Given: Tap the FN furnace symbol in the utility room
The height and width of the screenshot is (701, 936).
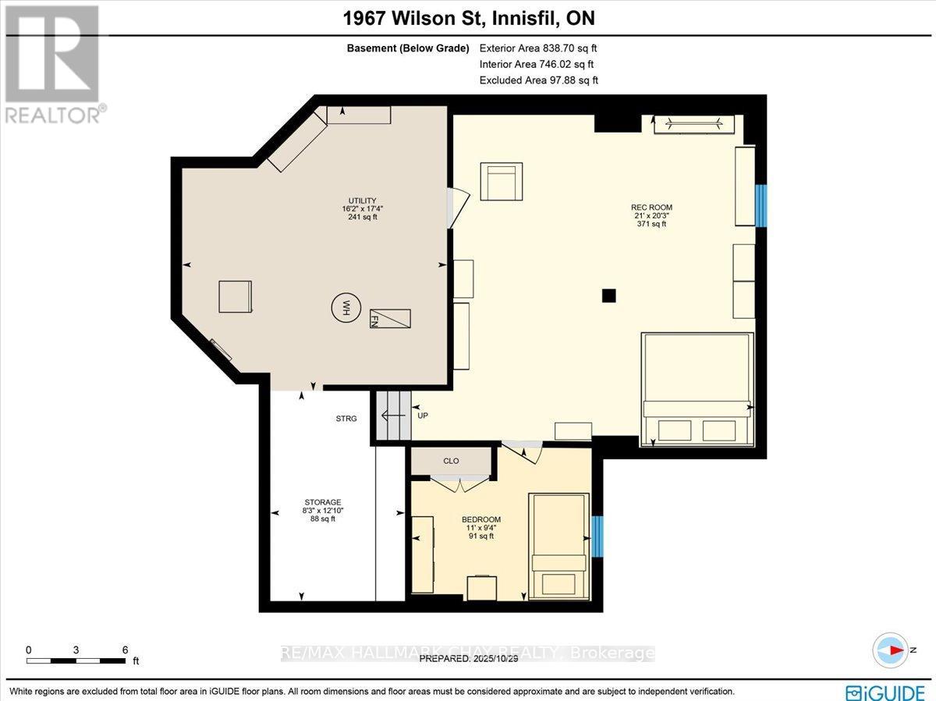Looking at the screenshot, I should pyautogui.click(x=390, y=318).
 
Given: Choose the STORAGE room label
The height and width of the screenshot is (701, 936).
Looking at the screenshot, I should pyautogui.click(x=323, y=510).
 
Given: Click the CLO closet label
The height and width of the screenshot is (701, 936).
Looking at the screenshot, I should pyautogui.click(x=451, y=461).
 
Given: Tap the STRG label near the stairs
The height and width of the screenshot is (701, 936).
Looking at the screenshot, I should pyautogui.click(x=346, y=419).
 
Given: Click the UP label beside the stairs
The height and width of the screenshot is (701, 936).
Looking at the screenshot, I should pyautogui.click(x=424, y=416).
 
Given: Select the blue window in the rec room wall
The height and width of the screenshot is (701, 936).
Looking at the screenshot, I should pyautogui.click(x=761, y=206).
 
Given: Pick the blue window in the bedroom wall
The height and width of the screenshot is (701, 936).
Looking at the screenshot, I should pyautogui.click(x=597, y=536).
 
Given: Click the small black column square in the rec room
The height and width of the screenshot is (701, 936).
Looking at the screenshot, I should pyautogui.click(x=609, y=295).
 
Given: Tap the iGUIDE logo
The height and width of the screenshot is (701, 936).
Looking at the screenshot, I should pyautogui.click(x=886, y=692).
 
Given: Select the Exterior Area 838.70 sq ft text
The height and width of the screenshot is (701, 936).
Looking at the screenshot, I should pyautogui.click(x=538, y=48).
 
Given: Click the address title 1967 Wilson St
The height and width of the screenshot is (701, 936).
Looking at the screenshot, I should pyautogui.click(x=468, y=17).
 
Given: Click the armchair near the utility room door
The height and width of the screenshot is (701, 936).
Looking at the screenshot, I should pyautogui.click(x=501, y=182).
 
